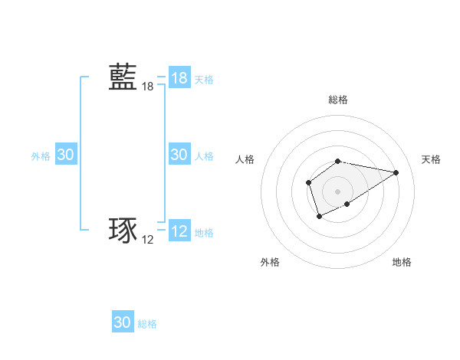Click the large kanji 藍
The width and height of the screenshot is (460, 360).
coord(123,78)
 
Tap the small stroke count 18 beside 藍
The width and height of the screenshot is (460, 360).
coord(148,87)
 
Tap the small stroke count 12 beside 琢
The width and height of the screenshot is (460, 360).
coord(148,240)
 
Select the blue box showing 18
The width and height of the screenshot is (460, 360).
coord(179,78)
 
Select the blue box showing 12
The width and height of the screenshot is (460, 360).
coord(179,231)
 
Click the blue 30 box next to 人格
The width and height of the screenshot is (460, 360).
coord(179,155)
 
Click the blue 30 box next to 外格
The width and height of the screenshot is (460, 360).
coord(66,155)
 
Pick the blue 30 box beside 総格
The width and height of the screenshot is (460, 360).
coord(123,322)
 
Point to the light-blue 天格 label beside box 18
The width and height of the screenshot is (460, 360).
coord(204,79)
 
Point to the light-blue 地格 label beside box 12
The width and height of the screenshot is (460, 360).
coord(204,232)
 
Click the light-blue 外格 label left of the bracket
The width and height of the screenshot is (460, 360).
coord(41,155)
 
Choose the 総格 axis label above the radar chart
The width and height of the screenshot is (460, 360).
coord(338,100)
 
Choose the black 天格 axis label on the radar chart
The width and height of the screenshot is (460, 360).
coord(431,159)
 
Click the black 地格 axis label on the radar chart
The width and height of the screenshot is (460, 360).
coord(402,262)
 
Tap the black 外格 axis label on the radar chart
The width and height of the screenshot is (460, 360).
coord(270,262)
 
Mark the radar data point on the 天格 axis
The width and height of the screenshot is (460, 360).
coord(396,172)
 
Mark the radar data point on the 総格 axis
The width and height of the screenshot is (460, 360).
coord(338,161)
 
